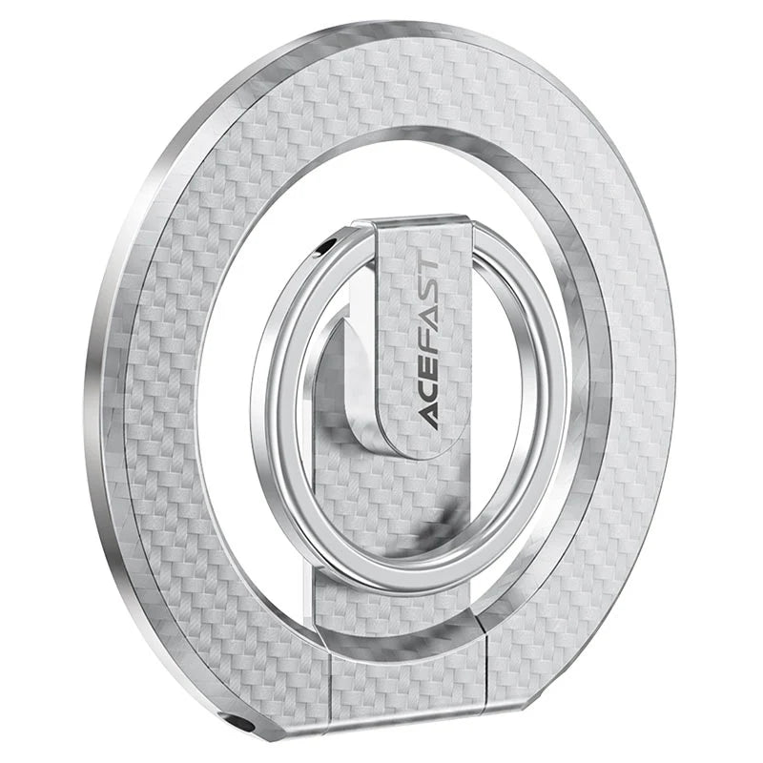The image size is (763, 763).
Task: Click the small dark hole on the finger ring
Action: (x=327, y=247)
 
